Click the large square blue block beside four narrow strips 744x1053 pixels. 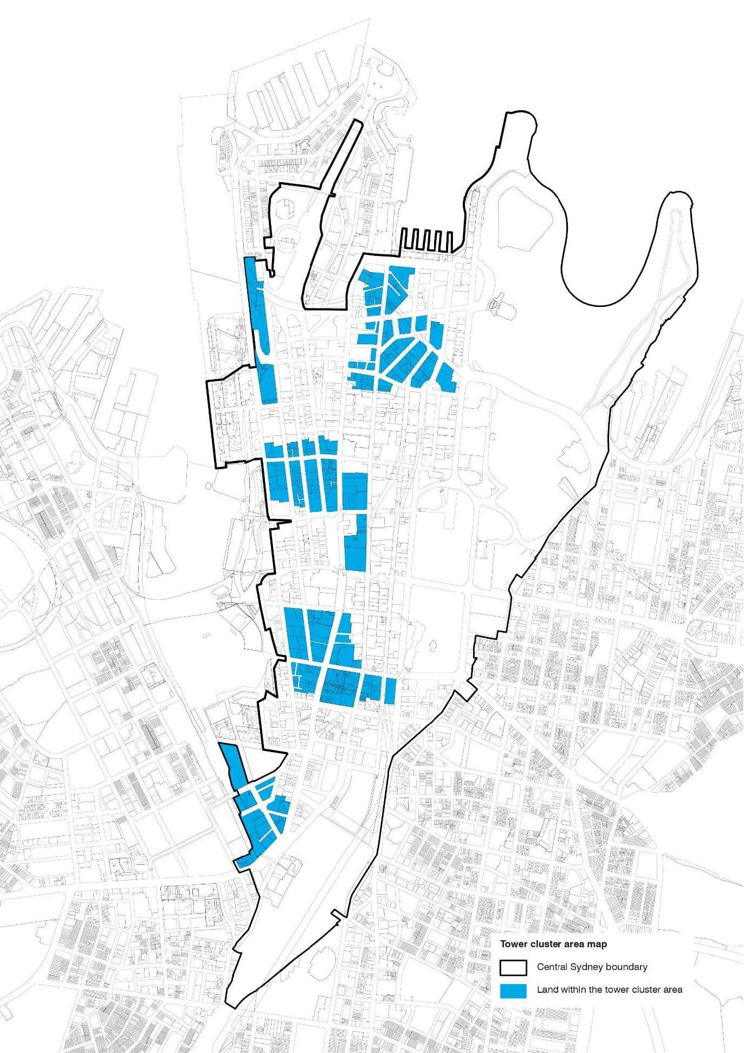(355, 491)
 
